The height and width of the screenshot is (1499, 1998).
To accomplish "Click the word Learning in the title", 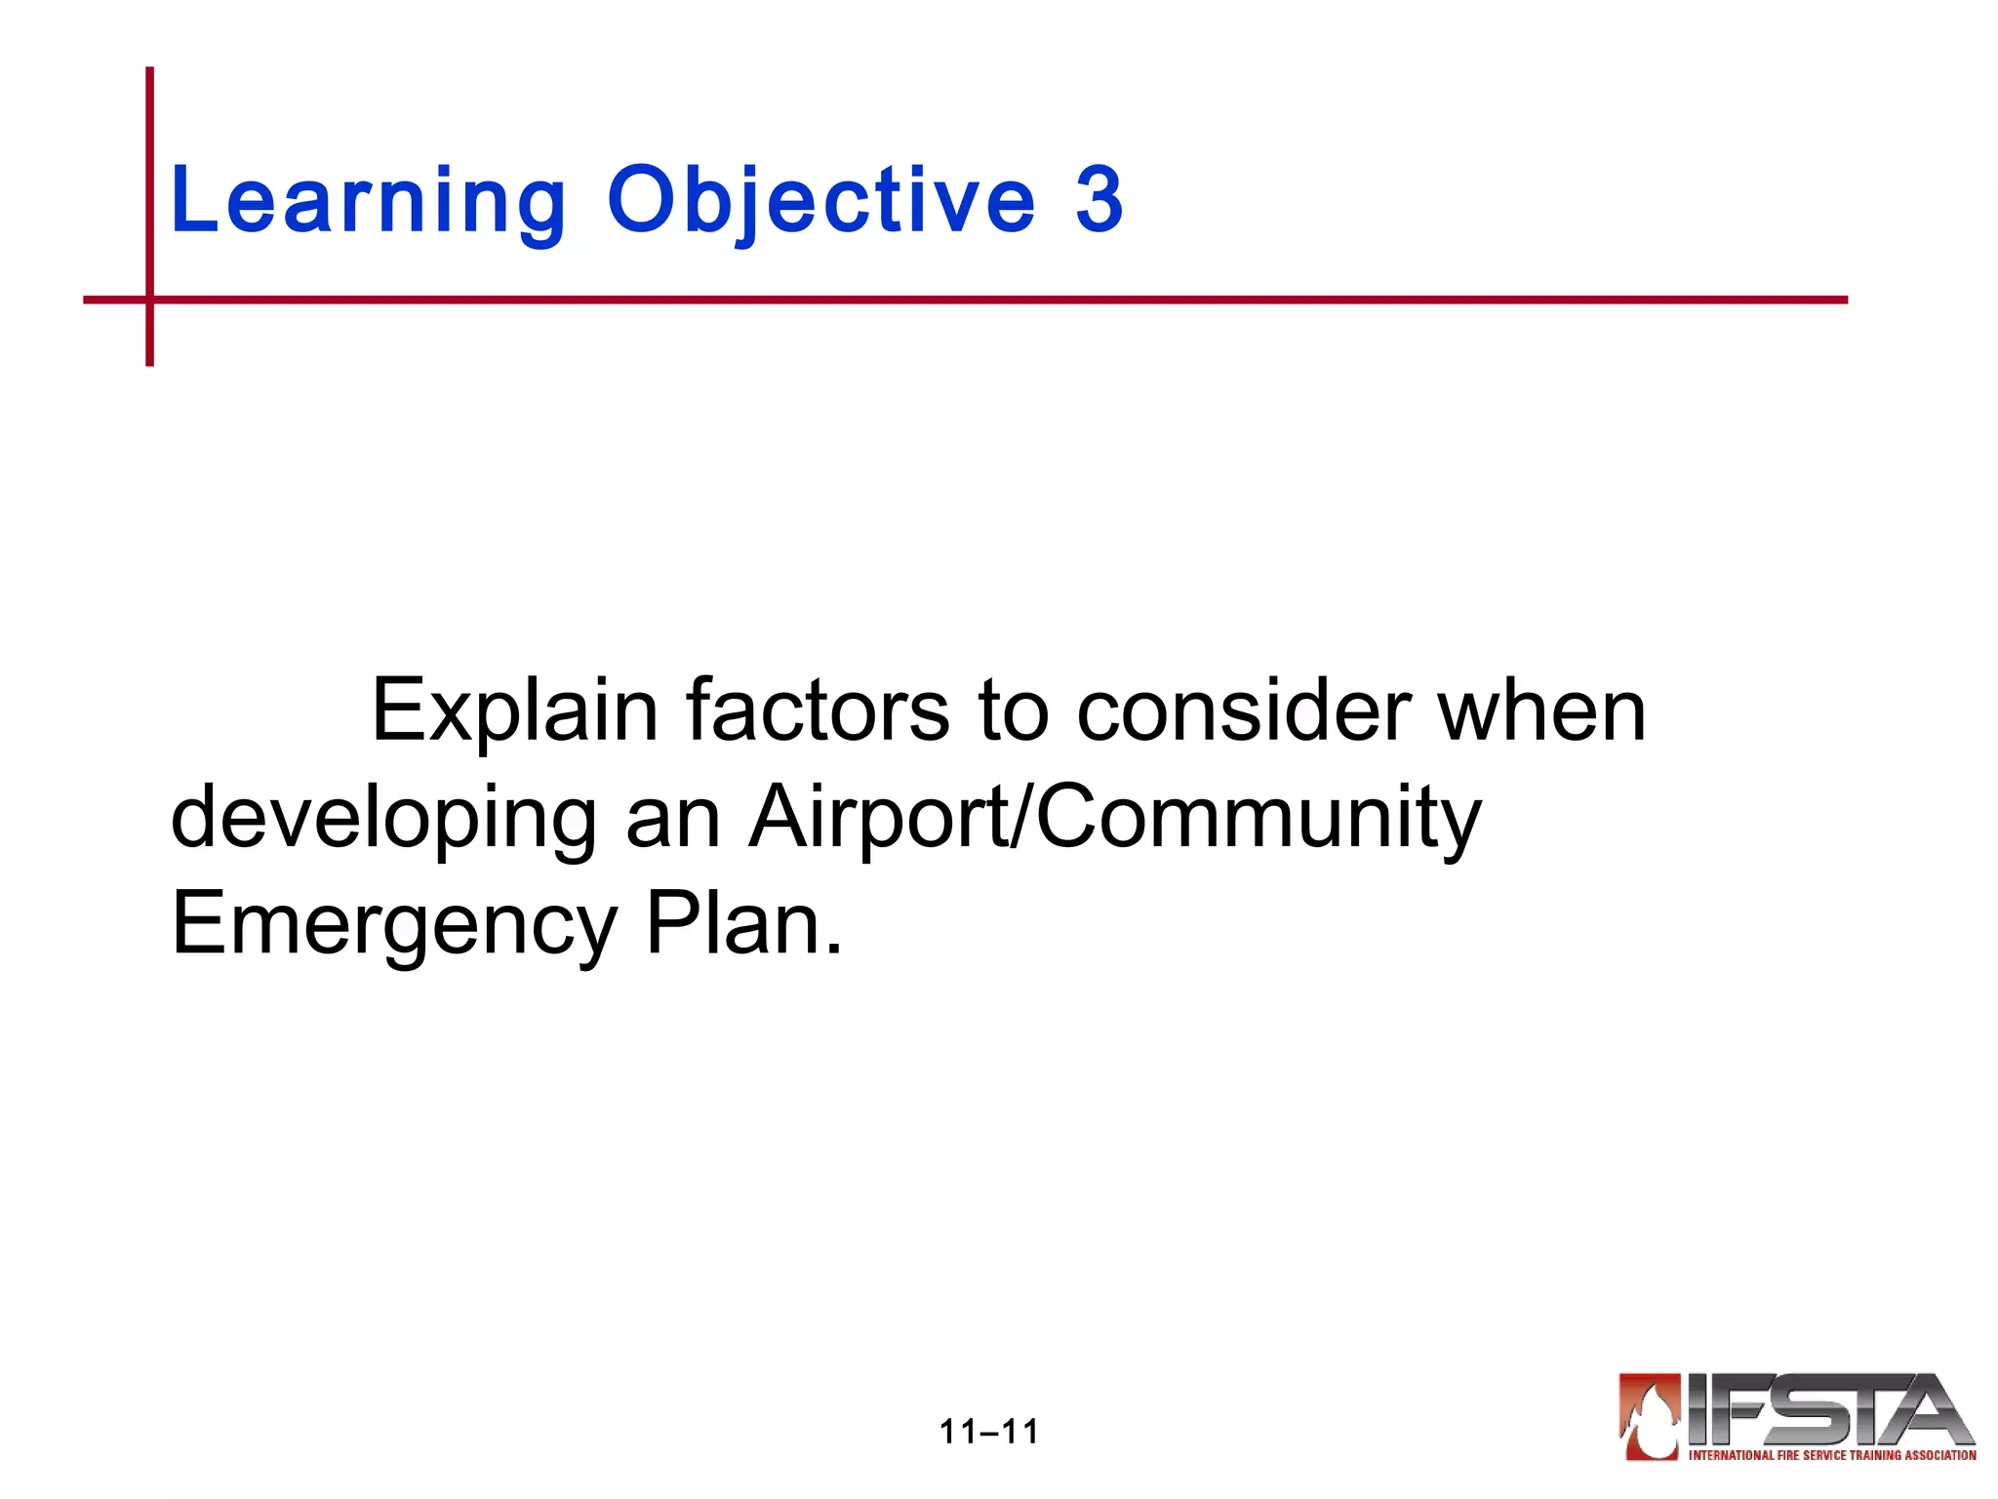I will [368, 201].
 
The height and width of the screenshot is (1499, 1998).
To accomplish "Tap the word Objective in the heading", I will [820, 201].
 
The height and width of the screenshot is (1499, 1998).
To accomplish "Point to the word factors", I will [818, 710].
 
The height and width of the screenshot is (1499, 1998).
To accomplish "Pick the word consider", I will [1244, 710].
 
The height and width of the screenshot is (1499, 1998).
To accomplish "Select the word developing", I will [383, 820].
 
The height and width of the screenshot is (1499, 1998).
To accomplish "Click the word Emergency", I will [394, 925].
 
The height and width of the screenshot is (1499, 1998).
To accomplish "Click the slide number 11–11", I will [988, 1432].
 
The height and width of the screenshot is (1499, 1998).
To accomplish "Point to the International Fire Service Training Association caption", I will [1832, 1455].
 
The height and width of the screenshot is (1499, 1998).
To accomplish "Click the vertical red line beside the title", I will [150, 176].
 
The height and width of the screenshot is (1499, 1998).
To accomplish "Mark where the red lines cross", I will [150, 300].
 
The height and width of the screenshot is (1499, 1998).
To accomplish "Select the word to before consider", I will [1014, 710].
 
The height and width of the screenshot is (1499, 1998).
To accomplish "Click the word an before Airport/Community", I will [672, 820].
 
